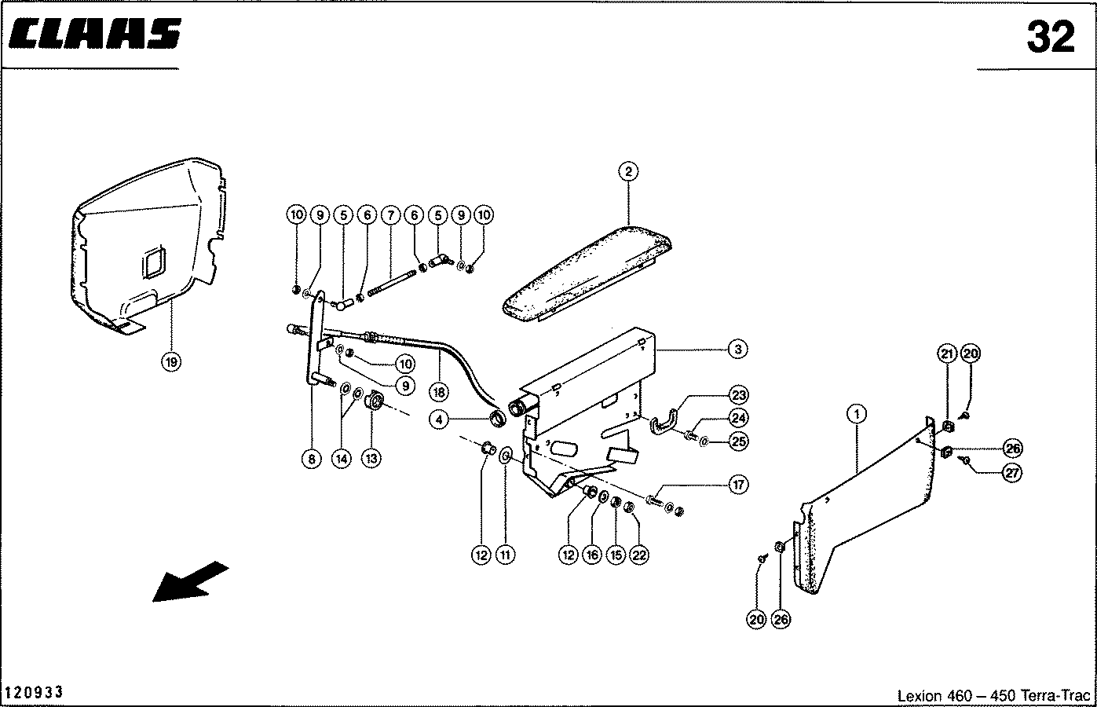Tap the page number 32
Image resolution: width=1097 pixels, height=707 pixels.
click(1050, 37)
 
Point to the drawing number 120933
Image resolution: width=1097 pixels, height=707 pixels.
click(35, 693)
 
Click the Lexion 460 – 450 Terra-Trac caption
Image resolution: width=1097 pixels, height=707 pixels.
click(993, 696)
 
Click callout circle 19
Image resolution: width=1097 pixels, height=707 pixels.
click(171, 361)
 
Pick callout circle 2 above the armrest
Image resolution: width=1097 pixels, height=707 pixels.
click(628, 170)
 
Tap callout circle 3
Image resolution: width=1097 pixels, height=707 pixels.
click(737, 349)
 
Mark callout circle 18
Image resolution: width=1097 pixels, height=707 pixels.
click(439, 390)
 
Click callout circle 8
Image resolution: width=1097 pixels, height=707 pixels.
click(313, 459)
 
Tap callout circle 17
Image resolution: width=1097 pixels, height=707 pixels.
click(738, 485)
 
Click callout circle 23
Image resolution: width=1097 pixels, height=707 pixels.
click(738, 395)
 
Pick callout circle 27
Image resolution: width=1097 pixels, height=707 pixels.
click(1013, 473)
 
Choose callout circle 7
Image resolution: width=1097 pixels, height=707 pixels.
click(390, 214)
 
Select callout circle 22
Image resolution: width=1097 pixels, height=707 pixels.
click(639, 555)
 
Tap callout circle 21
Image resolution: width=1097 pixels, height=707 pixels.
click(947, 353)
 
